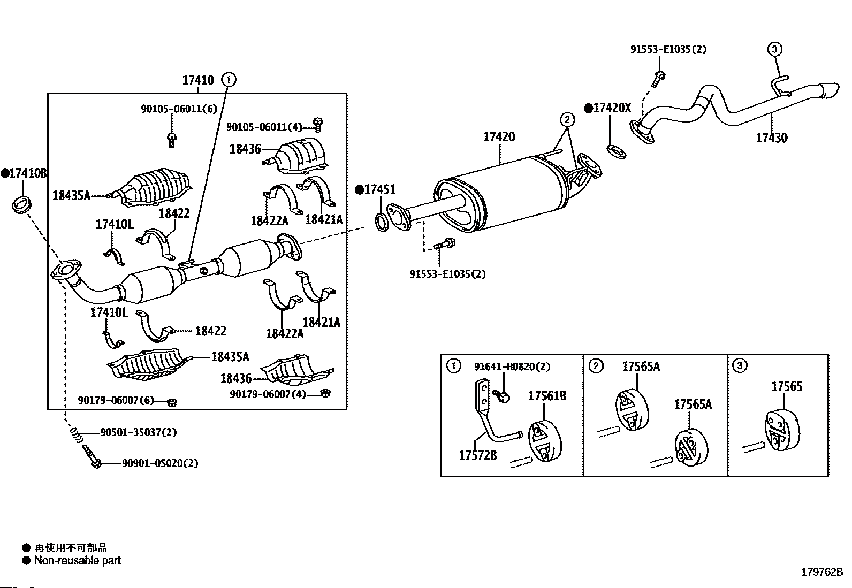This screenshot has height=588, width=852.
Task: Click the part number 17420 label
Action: point(499,136)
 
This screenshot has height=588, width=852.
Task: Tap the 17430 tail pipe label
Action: point(771,138)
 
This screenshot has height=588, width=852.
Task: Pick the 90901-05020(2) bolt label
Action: point(159,463)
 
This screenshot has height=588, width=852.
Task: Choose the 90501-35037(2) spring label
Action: point(138,432)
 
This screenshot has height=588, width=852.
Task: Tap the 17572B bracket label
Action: point(478,455)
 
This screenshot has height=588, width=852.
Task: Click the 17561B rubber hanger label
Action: point(547,396)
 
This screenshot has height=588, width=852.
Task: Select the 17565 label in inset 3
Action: point(787,386)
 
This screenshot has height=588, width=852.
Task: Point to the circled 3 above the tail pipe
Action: point(774,49)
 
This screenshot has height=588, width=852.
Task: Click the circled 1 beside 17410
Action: point(229,80)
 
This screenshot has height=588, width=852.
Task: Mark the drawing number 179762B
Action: point(821,572)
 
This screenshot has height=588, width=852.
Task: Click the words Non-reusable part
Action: point(78,560)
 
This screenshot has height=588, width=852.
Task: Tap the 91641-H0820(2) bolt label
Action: point(512,366)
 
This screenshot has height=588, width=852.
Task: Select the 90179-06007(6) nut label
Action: point(116,400)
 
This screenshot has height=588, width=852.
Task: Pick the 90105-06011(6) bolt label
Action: point(179,109)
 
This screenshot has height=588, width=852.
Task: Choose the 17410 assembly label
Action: point(198,80)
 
